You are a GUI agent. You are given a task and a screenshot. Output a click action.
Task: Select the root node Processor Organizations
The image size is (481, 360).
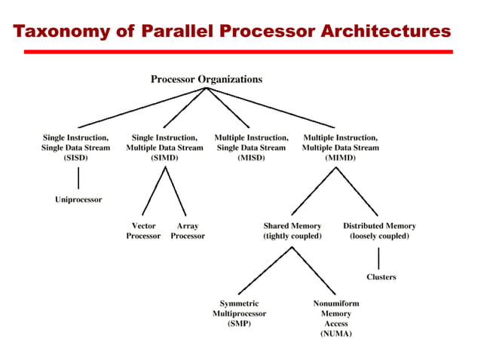(x=207, y=78)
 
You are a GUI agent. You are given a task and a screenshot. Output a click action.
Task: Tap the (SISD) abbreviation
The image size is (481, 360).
(x=75, y=159)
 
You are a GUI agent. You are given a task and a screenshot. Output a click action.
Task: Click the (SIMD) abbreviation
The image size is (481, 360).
(x=164, y=159)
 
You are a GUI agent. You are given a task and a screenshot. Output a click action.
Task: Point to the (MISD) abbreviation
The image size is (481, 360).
(x=251, y=159)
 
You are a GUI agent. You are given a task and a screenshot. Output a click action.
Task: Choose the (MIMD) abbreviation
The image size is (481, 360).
(x=340, y=159)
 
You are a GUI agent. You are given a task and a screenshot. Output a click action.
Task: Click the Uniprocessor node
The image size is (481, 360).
(x=78, y=200)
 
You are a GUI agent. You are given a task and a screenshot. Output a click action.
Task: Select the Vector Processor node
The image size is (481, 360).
(x=143, y=230)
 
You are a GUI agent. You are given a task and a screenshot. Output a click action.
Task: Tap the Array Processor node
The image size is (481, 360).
(x=188, y=230)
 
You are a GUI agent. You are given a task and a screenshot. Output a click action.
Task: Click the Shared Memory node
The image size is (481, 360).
(x=292, y=225)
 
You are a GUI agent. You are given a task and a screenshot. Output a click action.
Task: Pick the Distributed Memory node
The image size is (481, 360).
(x=379, y=225)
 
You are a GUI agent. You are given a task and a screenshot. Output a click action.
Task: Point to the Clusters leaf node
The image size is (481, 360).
(x=381, y=276)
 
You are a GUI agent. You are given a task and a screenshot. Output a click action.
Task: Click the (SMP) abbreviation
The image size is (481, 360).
(x=239, y=323)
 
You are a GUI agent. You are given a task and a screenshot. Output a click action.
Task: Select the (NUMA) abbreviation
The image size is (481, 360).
(x=336, y=333)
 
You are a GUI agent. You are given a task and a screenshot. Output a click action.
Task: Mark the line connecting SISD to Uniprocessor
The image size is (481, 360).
(x=78, y=178)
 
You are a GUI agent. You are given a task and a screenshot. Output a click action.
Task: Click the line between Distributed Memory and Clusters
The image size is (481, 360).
(x=378, y=257)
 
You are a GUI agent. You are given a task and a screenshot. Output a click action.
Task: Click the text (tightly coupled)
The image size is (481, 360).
(x=292, y=236)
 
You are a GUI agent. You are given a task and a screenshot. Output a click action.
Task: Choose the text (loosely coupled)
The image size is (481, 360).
(x=379, y=236)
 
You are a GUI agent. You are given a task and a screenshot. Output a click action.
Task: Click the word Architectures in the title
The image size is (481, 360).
(x=385, y=32)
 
